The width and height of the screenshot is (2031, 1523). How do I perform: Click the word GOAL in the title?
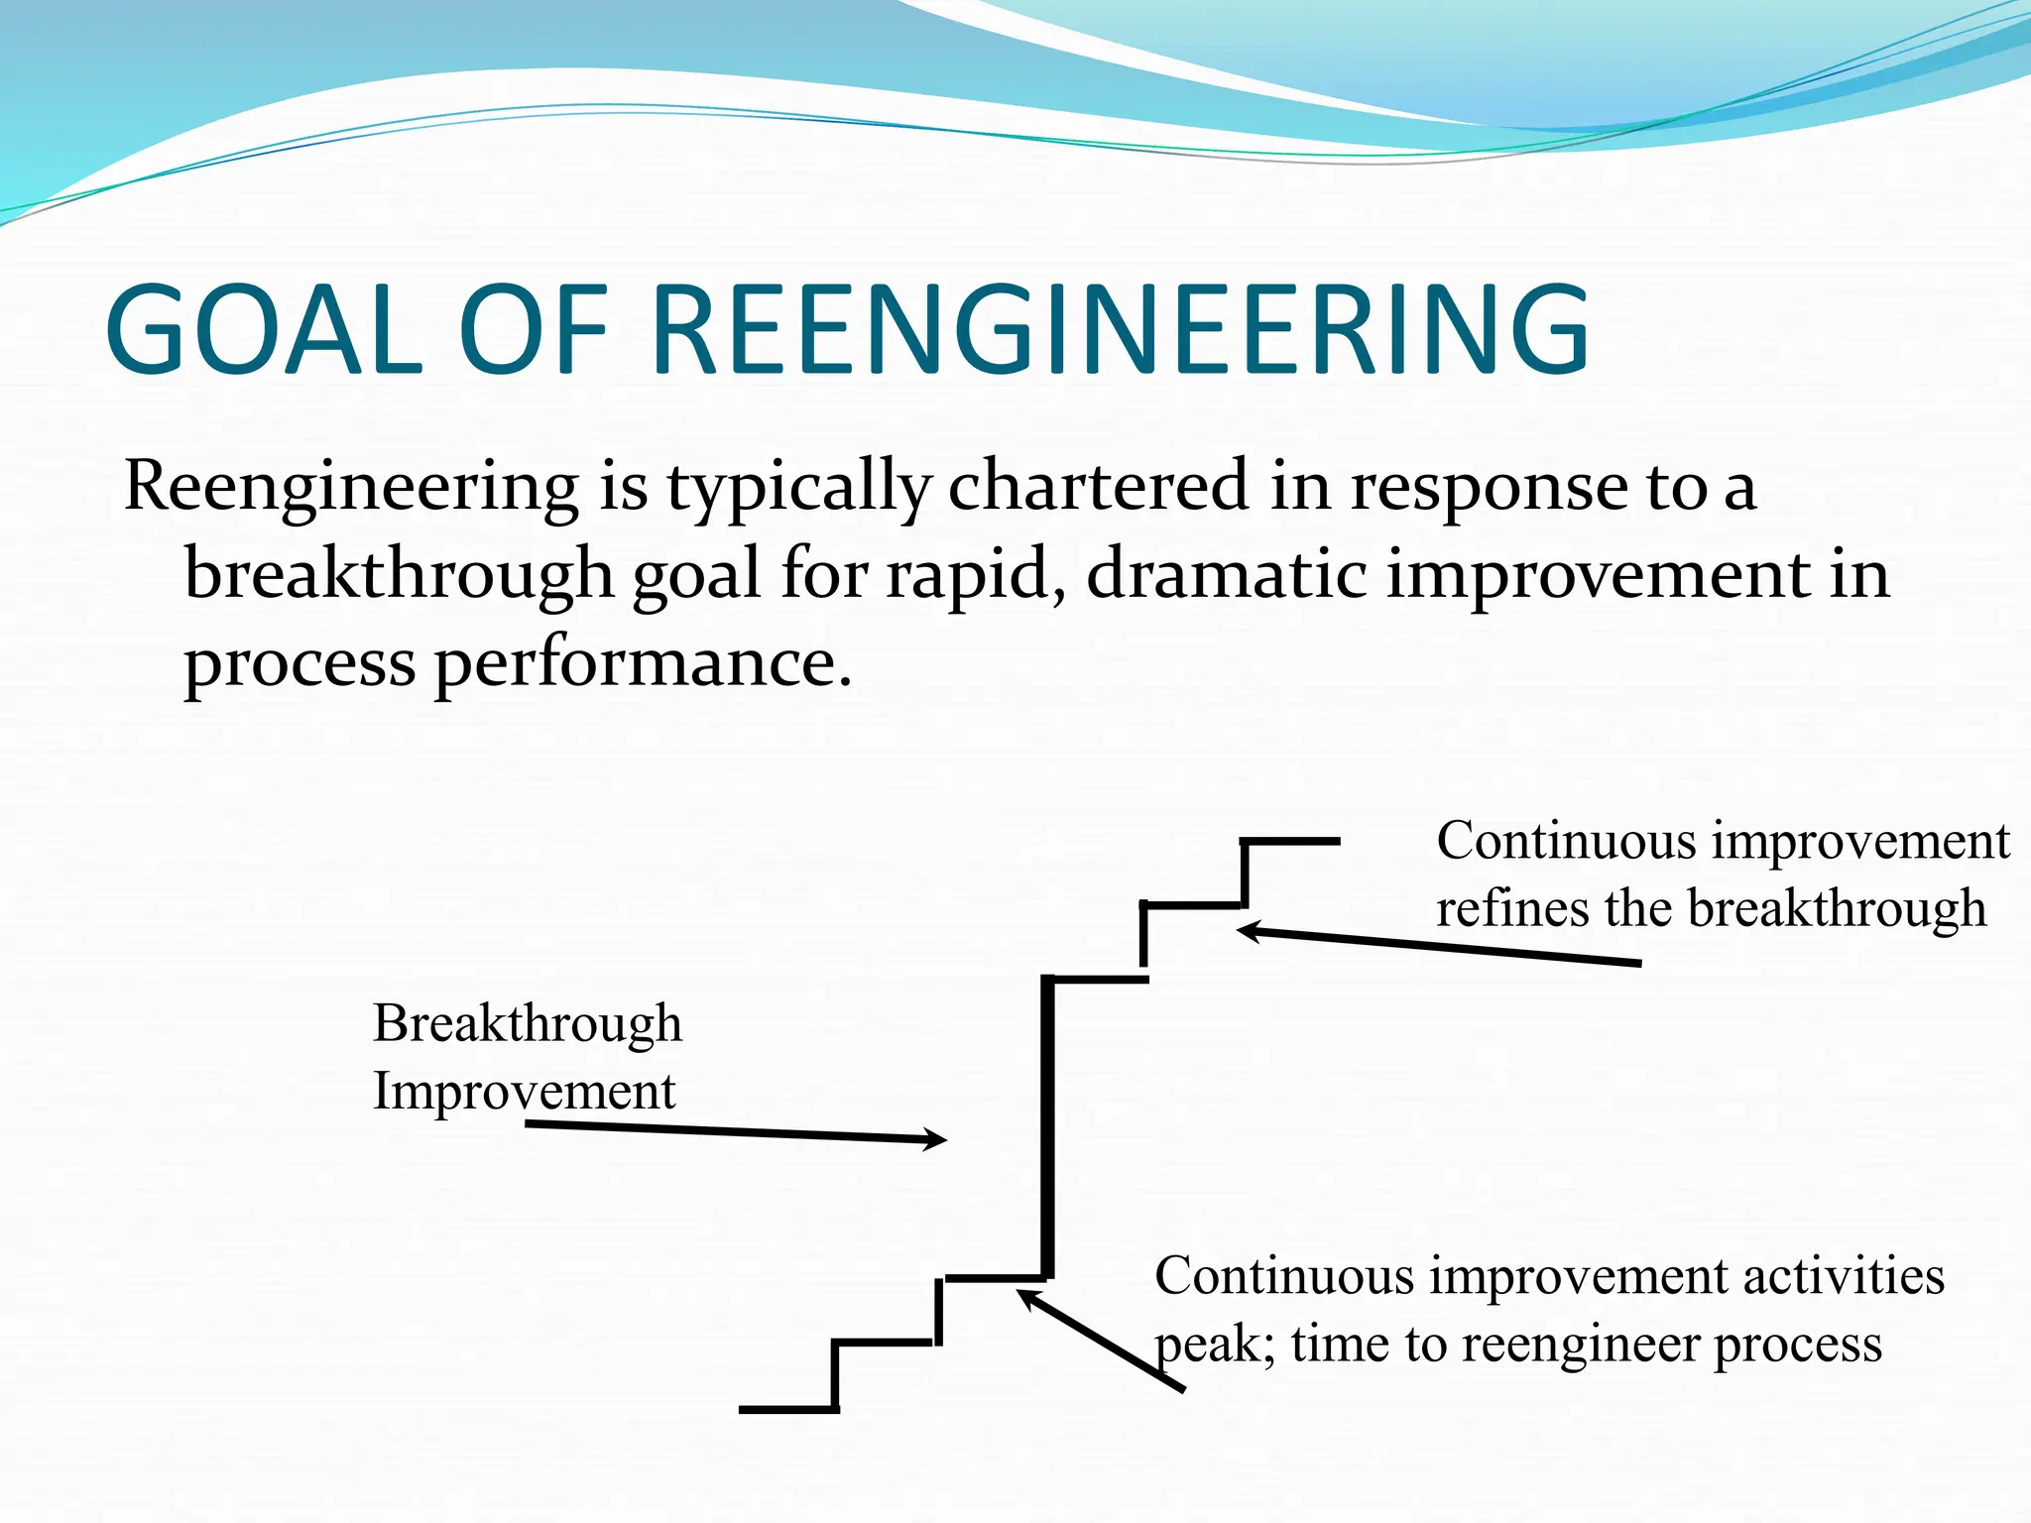coord(265,330)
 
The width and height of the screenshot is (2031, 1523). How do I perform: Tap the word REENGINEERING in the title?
coord(1121,330)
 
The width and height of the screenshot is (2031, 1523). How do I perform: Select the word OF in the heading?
coord(534,330)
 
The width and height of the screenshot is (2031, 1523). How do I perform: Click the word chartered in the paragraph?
coord(1098,487)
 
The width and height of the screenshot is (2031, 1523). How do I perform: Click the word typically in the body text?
coord(798,489)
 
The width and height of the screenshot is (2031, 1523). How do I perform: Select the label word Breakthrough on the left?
coord(528,1023)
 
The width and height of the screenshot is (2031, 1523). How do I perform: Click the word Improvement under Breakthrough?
coord(524,1092)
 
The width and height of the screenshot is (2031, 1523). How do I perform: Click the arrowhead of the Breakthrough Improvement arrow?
coord(937,1140)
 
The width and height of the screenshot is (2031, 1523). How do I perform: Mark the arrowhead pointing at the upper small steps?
coord(1248,930)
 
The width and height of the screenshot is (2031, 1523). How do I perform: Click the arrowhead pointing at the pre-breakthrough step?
coord(1027,1296)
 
